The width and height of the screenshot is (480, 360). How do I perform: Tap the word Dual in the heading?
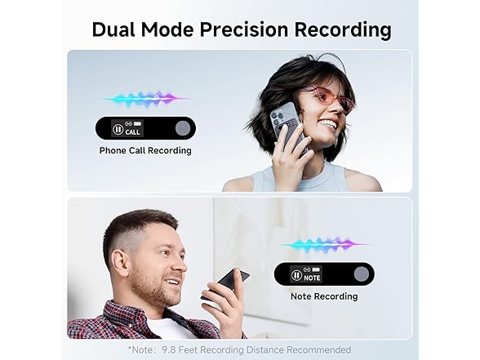[x=113, y=30]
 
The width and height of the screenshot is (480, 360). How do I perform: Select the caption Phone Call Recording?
[x=145, y=150]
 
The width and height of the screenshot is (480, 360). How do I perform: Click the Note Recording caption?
[x=324, y=296]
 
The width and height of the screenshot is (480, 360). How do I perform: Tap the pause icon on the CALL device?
[x=118, y=129]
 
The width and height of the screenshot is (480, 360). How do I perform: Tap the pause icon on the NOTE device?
[x=297, y=275]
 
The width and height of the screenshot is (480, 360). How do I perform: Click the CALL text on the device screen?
[x=132, y=131]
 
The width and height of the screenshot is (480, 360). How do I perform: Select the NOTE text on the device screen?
[x=312, y=277]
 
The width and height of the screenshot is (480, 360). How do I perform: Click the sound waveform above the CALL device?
[x=145, y=99]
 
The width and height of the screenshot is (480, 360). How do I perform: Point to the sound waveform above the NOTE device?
[x=324, y=244]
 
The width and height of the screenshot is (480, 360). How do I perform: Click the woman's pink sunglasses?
[x=330, y=97]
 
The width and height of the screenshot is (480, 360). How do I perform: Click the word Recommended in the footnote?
[x=322, y=349]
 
